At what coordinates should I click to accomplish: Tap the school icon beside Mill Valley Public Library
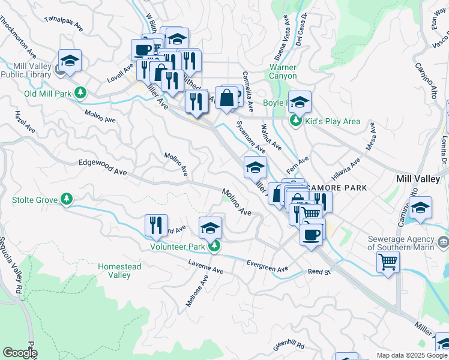click(x=70, y=61)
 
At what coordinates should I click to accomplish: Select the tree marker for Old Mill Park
click(x=80, y=93)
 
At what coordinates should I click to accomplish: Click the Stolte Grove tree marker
click(x=67, y=199)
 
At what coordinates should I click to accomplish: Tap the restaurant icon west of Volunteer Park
click(x=156, y=226)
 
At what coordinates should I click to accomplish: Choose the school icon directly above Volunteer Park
click(x=210, y=228)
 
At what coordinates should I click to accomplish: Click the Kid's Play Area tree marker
click(x=295, y=121)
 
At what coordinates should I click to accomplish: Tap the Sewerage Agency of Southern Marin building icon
click(x=443, y=242)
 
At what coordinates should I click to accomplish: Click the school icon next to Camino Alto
click(x=421, y=208)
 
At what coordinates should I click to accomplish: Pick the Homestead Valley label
click(x=114, y=271)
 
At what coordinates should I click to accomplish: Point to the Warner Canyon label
click(x=283, y=71)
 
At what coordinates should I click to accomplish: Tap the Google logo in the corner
click(x=20, y=352)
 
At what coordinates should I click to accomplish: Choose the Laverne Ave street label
click(x=205, y=267)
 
